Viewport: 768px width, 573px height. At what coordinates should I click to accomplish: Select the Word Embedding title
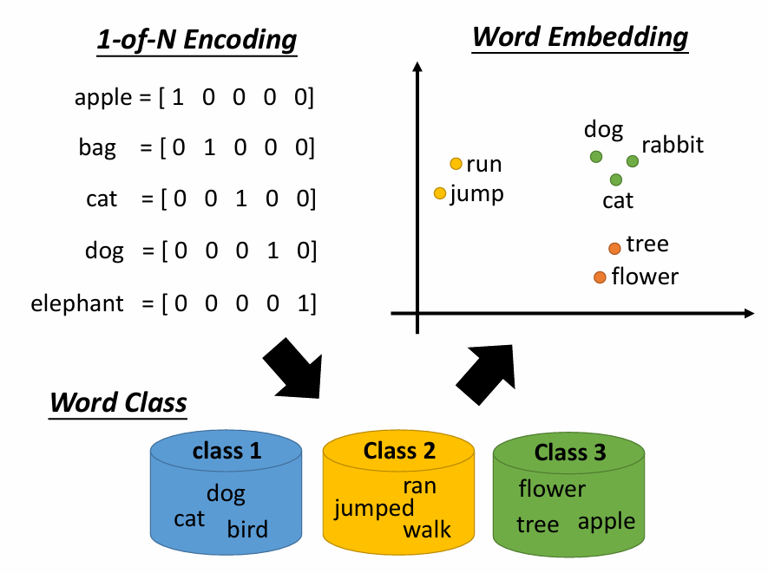click(x=580, y=36)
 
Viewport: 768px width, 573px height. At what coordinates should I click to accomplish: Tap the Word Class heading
click(x=118, y=402)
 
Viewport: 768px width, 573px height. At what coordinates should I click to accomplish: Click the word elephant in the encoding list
click(x=77, y=303)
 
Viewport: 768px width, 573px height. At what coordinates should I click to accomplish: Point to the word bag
click(x=96, y=147)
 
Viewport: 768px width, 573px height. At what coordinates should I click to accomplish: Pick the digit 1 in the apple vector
click(x=178, y=98)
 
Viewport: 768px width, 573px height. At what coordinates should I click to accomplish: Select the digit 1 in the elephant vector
click(x=299, y=303)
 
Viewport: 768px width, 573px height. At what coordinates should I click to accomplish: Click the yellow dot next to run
click(x=456, y=164)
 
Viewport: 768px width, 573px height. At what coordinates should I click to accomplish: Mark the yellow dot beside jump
click(x=440, y=193)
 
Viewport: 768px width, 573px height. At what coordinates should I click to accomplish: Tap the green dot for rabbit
click(x=633, y=161)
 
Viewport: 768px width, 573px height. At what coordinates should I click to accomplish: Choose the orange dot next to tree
click(x=614, y=249)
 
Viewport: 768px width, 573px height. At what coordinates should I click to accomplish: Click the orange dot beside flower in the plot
click(x=600, y=277)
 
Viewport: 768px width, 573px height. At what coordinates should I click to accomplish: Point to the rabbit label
click(x=672, y=145)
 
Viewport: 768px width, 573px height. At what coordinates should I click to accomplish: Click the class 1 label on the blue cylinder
click(x=226, y=451)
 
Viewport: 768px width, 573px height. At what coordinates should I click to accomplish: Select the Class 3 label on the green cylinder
click(x=569, y=453)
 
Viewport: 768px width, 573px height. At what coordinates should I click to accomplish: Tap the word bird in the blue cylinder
click(x=247, y=529)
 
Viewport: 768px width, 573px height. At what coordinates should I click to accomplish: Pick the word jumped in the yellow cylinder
click(x=374, y=508)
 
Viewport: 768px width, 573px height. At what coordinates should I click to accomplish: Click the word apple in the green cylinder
click(x=606, y=521)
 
